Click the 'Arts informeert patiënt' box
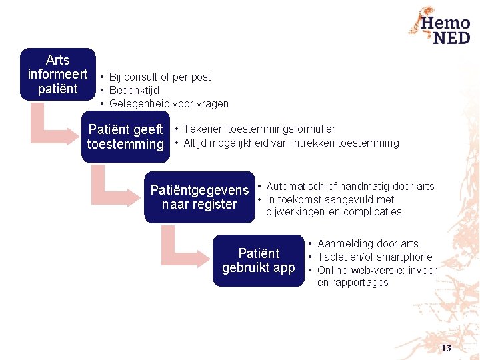click(58, 75)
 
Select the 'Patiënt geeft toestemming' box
click(126, 137)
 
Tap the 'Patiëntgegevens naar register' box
click(199, 197)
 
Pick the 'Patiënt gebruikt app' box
click(259, 260)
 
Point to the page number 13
click(446, 348)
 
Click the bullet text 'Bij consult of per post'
click(159, 77)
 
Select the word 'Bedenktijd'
click(134, 91)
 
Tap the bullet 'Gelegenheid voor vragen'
click(169, 104)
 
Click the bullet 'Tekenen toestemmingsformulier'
click(259, 129)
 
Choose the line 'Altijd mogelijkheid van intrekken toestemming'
click(291, 143)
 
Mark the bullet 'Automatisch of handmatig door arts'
click(350, 187)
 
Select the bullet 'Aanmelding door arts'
click(368, 244)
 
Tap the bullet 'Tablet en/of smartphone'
click(375, 257)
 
